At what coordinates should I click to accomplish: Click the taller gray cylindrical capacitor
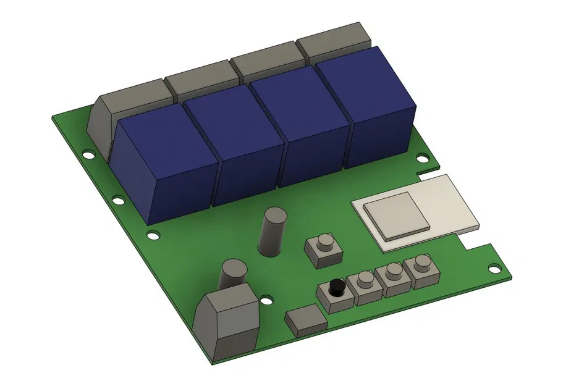273,232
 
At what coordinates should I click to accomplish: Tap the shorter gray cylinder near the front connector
233,272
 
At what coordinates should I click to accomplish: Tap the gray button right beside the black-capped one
364,286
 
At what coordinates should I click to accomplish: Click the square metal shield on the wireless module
395,215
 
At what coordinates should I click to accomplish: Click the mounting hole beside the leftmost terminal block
89,155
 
